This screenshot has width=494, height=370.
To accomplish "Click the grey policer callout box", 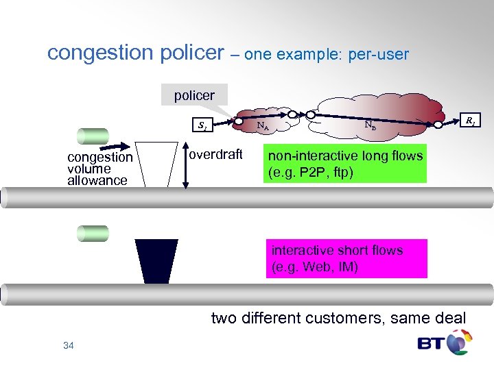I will [x=194, y=95].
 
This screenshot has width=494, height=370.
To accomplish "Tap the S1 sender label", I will [x=202, y=125].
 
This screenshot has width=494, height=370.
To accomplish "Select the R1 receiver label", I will [x=471, y=122].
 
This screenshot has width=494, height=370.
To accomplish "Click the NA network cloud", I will [x=263, y=124].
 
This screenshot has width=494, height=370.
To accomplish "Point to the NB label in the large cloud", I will [x=369, y=125].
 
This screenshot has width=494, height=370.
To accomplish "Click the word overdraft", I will [x=215, y=155].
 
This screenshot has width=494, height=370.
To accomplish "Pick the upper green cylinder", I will [x=93, y=136].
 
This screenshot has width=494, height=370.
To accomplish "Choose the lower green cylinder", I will [x=93, y=233].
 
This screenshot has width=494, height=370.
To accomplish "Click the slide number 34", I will [x=68, y=345].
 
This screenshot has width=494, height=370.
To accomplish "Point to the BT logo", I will [x=445, y=342].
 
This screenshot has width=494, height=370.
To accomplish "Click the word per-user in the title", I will [x=378, y=54].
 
